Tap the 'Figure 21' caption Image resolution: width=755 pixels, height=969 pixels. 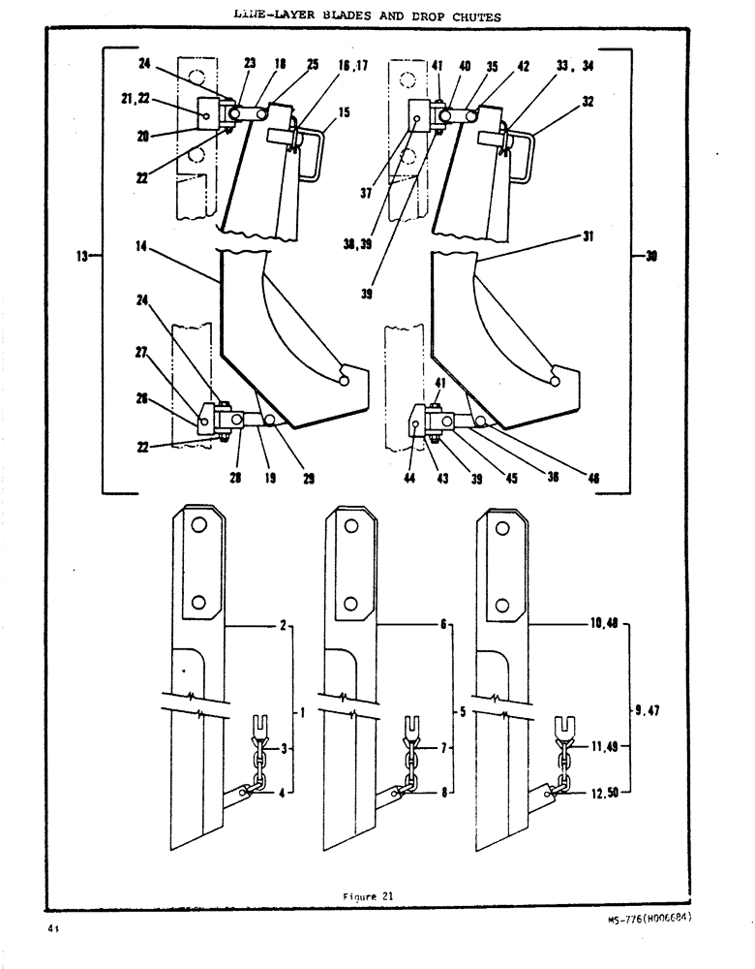(x=369, y=895)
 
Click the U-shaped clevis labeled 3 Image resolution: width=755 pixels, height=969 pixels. (x=258, y=724)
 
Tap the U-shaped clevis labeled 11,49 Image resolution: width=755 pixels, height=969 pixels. (x=566, y=724)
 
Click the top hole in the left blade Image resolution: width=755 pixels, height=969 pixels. (x=197, y=524)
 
